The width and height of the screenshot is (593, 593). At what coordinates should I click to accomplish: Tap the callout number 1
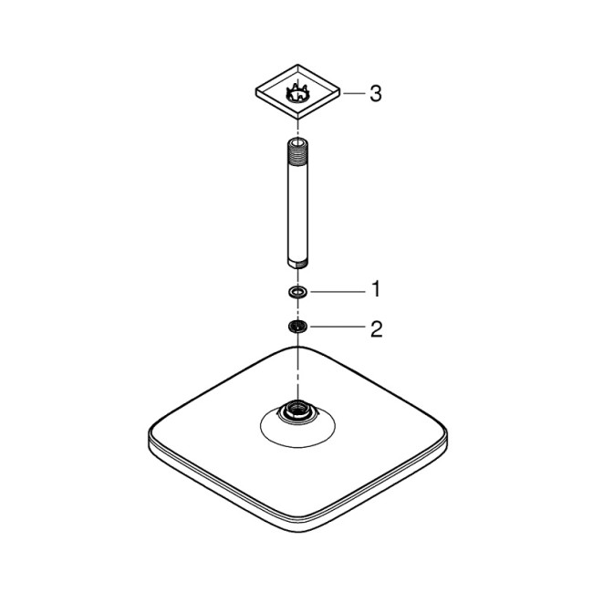click(x=374, y=291)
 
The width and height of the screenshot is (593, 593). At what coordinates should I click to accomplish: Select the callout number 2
click(x=375, y=328)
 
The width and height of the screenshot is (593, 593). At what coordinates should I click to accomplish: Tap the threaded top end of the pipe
click(x=297, y=147)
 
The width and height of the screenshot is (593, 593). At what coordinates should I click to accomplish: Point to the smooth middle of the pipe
click(x=297, y=205)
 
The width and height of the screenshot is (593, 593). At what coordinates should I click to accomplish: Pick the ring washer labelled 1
click(x=297, y=291)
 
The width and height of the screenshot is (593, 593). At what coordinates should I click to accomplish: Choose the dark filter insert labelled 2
click(x=297, y=328)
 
